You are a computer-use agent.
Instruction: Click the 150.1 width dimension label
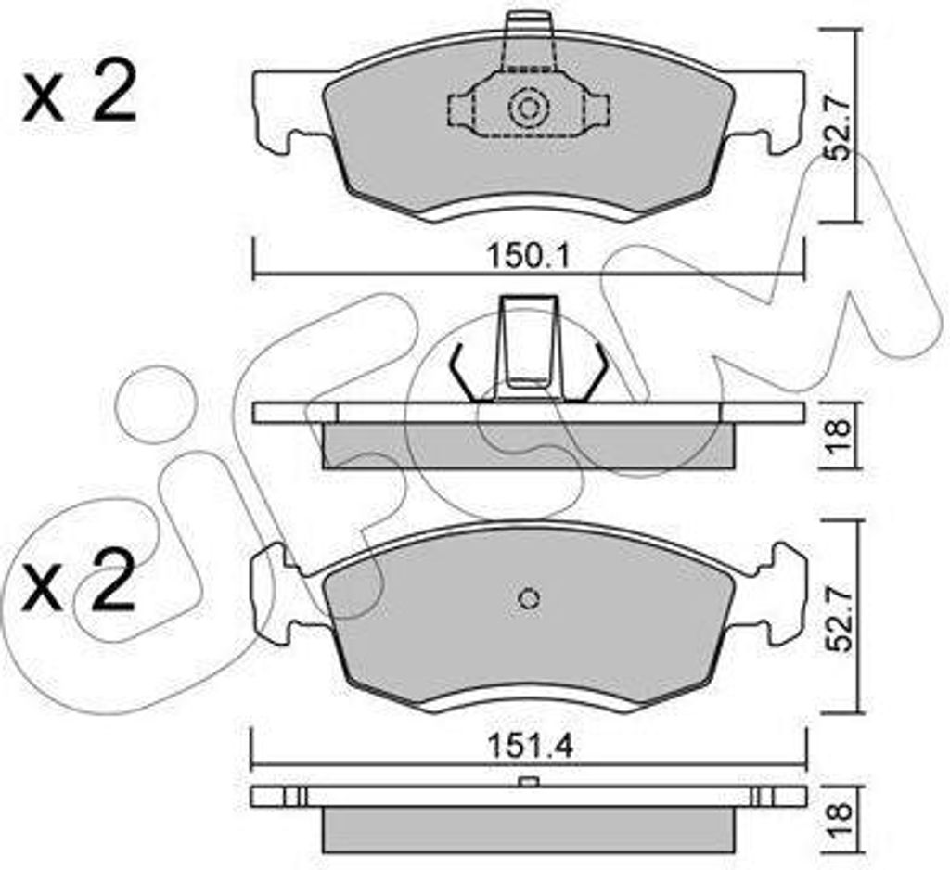tap(528, 258)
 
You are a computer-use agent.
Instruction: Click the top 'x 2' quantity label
tap(79, 96)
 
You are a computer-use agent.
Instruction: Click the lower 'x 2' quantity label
tap(78, 581)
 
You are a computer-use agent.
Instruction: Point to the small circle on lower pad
tap(529, 598)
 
